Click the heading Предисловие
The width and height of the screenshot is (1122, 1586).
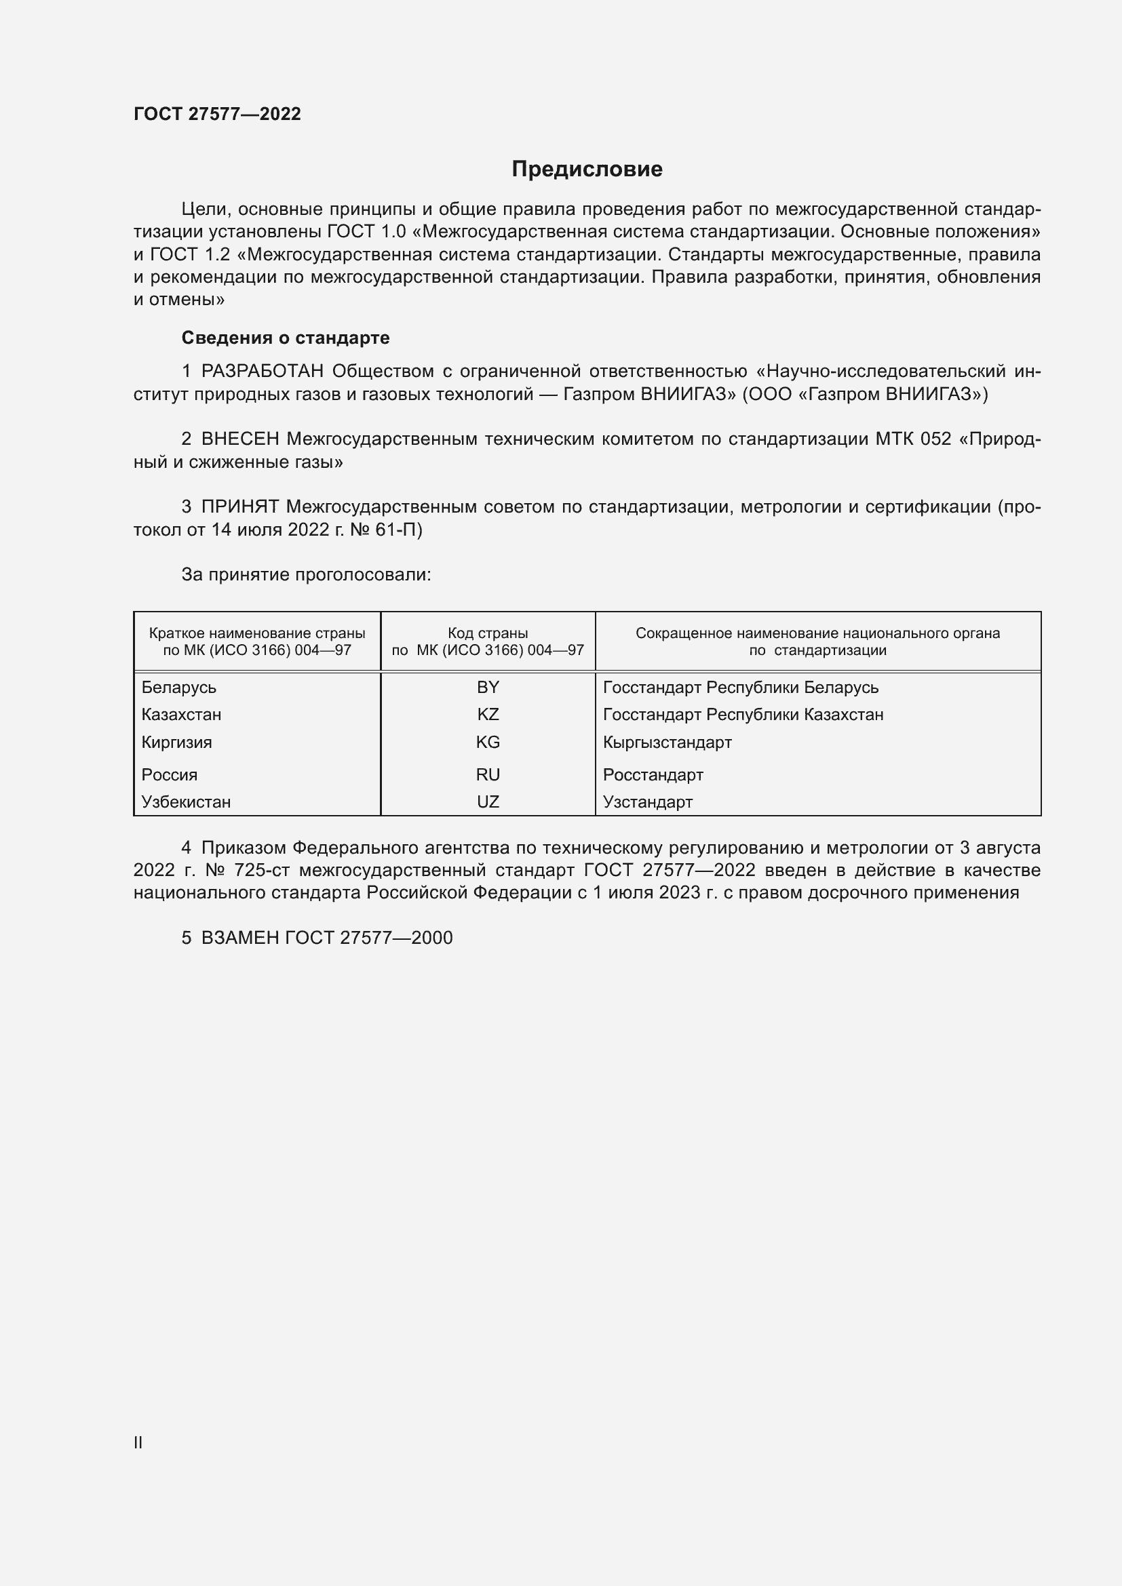(x=587, y=170)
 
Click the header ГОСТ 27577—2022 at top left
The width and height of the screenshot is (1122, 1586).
(x=217, y=114)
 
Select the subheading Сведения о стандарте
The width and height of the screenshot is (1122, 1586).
(x=285, y=338)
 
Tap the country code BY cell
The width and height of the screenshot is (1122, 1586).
(x=488, y=688)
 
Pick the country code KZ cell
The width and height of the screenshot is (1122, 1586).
(x=488, y=714)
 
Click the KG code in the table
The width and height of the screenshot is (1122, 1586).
(x=488, y=742)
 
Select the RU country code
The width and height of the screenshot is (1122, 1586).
(x=488, y=774)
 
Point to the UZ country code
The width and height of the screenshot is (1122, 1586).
(x=488, y=801)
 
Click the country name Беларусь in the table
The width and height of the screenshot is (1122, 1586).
(x=179, y=688)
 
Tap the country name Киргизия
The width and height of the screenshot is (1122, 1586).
(x=177, y=742)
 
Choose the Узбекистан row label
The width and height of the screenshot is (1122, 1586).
(x=186, y=801)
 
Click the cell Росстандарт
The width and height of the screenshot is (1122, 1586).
(x=653, y=774)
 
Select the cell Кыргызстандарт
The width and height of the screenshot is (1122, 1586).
(x=667, y=742)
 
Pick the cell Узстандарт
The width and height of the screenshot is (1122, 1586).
(x=647, y=801)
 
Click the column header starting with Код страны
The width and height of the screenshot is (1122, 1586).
(x=488, y=641)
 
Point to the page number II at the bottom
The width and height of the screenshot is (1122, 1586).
(x=138, y=1442)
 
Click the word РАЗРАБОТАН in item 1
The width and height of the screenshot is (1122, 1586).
(x=263, y=372)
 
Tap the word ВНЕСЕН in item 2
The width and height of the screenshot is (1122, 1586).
(x=239, y=439)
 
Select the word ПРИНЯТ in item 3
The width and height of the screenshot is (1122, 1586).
(x=239, y=507)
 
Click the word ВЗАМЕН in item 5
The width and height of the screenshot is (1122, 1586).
(x=239, y=937)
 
